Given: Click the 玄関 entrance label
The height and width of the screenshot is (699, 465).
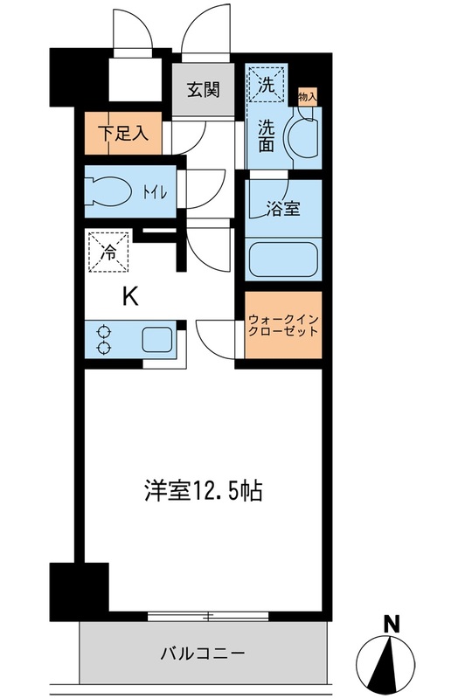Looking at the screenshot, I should click(203, 89).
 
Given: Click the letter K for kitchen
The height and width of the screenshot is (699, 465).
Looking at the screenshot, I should click(128, 297).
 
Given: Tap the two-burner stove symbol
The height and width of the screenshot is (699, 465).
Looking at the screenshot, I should click(105, 341).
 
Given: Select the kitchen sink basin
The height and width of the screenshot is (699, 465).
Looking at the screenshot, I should click(159, 340).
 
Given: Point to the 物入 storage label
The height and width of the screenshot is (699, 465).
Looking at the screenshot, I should click(306, 96).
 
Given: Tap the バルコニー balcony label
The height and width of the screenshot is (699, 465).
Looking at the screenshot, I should click(202, 653).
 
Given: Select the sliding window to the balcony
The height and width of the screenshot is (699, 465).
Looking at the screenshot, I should click(208, 616).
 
